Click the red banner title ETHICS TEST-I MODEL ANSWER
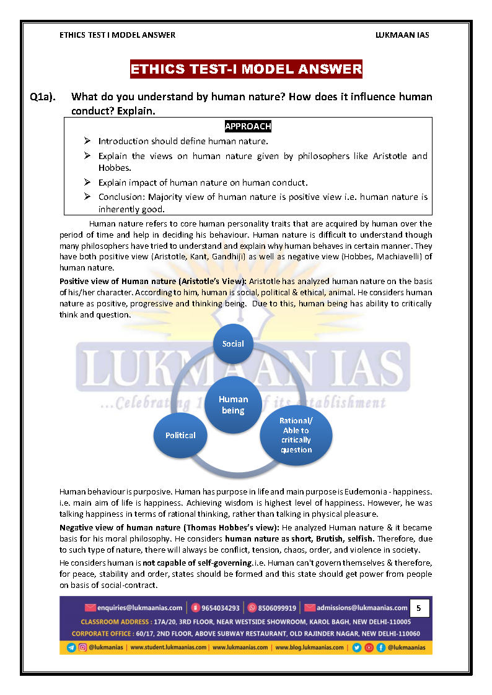[x=246, y=69]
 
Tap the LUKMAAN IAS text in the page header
[x=402, y=35]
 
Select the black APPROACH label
[x=248, y=126]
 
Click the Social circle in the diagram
[x=233, y=343]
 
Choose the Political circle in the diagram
[x=180, y=435]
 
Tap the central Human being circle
[x=233, y=405]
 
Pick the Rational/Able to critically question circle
[x=296, y=435]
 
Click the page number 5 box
[x=418, y=608]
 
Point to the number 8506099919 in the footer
[x=277, y=608]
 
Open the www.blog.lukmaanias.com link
[x=309, y=647]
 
